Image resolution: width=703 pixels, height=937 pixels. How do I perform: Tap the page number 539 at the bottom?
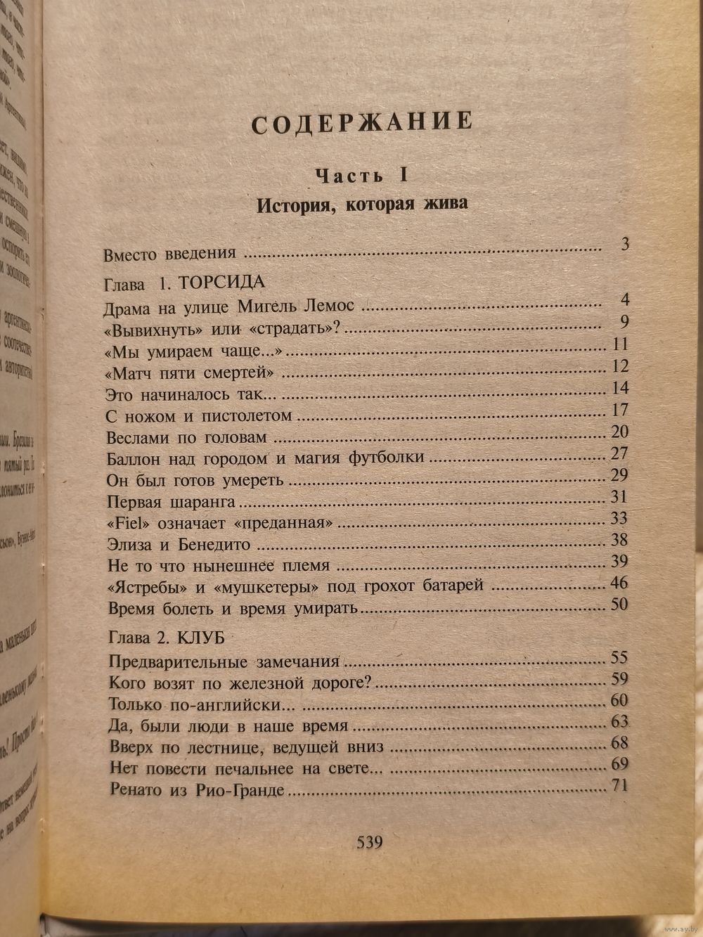pyautogui.click(x=370, y=841)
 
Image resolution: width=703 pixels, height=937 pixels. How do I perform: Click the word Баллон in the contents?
pyautogui.click(x=134, y=458)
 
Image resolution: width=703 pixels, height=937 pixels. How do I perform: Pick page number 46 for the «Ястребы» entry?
pyautogui.click(x=619, y=583)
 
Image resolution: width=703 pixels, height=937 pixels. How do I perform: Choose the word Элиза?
pyautogui.click(x=130, y=544)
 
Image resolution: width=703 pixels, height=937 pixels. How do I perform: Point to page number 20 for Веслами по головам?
pyautogui.click(x=619, y=432)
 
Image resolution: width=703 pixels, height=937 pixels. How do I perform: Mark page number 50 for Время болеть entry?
pyautogui.click(x=619, y=605)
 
